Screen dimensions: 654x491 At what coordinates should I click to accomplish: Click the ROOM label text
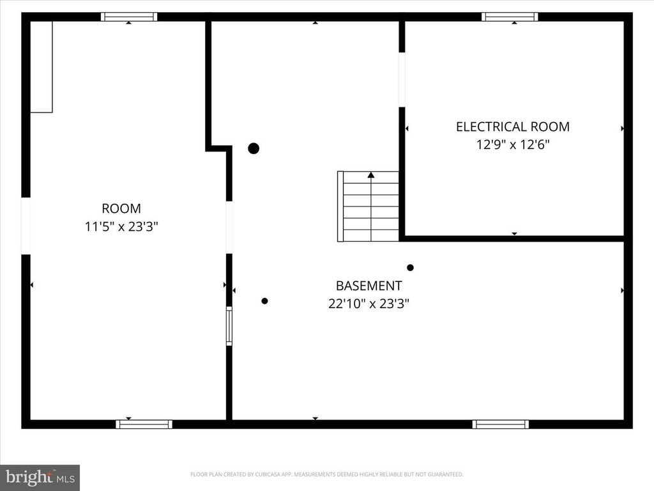[121, 208]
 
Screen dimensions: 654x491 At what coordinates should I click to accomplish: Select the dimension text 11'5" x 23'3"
[121, 227]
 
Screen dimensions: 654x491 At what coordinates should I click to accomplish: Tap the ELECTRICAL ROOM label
[513, 127]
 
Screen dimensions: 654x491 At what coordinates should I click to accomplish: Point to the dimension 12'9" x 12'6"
[513, 144]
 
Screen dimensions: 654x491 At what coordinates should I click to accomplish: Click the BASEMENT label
[369, 286]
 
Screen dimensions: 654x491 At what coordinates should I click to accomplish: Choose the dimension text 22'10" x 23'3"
[369, 304]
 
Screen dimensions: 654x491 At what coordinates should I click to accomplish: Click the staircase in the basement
[368, 207]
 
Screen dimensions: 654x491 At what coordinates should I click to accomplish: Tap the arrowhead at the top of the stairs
[371, 175]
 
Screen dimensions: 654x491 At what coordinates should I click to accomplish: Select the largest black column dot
[254, 148]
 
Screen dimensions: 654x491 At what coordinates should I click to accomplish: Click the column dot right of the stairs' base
[411, 268]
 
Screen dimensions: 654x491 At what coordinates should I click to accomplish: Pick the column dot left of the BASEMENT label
[264, 300]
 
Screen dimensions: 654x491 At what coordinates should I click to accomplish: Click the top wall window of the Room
[129, 17]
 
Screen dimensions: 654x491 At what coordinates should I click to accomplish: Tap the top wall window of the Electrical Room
[510, 17]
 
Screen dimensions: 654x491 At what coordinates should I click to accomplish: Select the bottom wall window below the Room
[144, 425]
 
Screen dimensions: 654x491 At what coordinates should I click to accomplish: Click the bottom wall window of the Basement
[501, 425]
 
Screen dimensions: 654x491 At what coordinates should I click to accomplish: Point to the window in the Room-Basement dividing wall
[229, 326]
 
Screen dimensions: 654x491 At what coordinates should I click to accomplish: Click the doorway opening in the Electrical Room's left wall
[402, 79]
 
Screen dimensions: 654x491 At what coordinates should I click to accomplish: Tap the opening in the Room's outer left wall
[26, 226]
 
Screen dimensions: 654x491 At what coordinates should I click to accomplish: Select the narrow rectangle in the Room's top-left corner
[42, 66]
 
